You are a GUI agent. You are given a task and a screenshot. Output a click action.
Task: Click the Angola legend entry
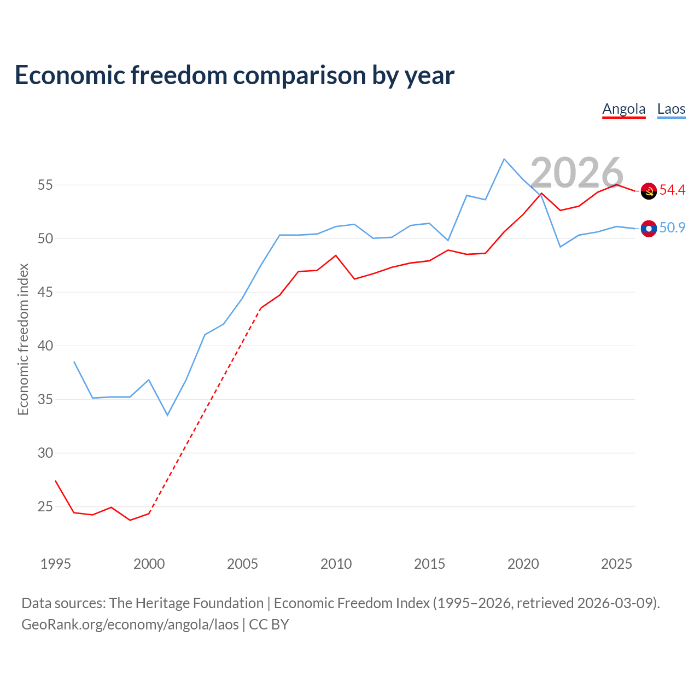pyautogui.click(x=623, y=110)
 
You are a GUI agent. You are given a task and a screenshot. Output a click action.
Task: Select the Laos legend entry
pyautogui.click(x=671, y=110)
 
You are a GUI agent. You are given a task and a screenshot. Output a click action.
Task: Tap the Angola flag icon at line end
pyautogui.click(x=649, y=191)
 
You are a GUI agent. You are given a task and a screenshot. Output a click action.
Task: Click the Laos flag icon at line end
pyautogui.click(x=649, y=229)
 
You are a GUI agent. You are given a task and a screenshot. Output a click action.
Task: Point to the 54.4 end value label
pyautogui.click(x=672, y=190)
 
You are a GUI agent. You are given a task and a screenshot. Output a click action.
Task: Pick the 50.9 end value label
pyautogui.click(x=672, y=227)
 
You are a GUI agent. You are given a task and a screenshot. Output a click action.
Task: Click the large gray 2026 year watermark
pyautogui.click(x=576, y=172)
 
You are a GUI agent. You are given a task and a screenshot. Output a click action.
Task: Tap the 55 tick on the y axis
pyautogui.click(x=45, y=185)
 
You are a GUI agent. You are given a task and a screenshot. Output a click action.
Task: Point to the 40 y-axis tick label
pyautogui.click(x=45, y=346)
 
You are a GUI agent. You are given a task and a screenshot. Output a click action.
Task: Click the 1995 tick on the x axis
pyautogui.click(x=56, y=564)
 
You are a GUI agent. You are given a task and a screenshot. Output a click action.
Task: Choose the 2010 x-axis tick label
pyautogui.click(x=336, y=564)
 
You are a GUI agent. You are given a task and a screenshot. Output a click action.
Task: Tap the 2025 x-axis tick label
pyautogui.click(x=616, y=564)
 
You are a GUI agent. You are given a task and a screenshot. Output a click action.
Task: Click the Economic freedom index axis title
pyautogui.click(x=23, y=339)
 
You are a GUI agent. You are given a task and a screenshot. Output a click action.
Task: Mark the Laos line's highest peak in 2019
pyautogui.click(x=504, y=159)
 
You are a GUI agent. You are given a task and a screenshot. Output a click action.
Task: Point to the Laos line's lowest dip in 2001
pyautogui.click(x=167, y=415)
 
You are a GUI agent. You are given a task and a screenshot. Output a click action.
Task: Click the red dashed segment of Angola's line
pyautogui.click(x=205, y=411)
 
